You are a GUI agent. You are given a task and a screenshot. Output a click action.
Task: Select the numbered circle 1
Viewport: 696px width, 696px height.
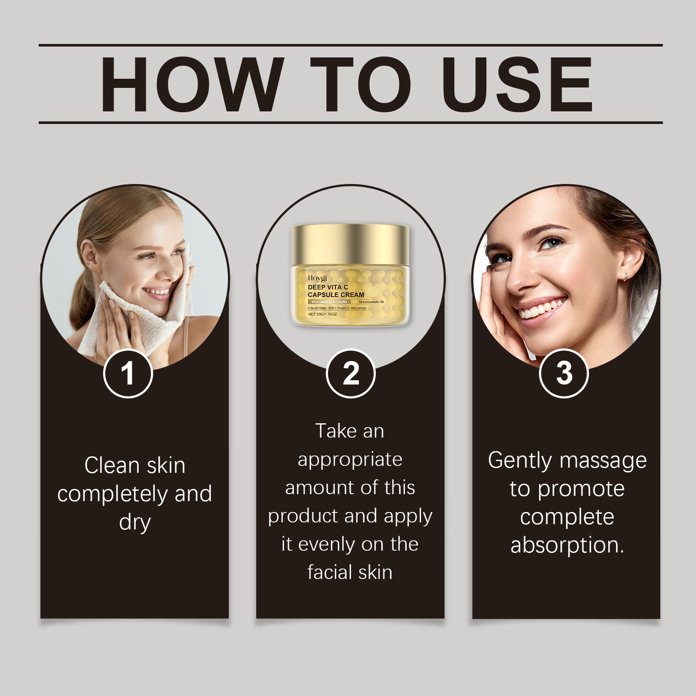[x=128, y=373]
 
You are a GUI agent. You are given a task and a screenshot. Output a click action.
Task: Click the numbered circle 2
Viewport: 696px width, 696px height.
[x=350, y=373]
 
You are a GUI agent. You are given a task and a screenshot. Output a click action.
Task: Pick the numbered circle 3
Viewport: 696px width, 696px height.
[x=564, y=373]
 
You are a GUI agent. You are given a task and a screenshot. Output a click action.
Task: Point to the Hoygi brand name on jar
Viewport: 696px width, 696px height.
[x=317, y=278]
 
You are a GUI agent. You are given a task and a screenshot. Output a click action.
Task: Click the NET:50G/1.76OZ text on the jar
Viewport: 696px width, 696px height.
[x=323, y=314]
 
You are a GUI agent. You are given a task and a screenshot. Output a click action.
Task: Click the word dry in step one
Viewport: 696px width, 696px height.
[x=135, y=523]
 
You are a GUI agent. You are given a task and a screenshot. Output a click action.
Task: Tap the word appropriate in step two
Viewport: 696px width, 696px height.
[x=350, y=460]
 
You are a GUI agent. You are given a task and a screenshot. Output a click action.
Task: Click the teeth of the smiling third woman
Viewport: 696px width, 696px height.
[x=542, y=308]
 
